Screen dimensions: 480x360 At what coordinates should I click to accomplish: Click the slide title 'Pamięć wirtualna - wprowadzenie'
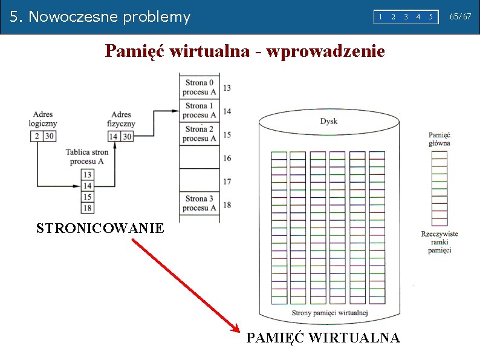pos(244,51)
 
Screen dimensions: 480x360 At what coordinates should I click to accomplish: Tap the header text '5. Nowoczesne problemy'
pos(100,17)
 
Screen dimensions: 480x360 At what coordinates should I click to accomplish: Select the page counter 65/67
pos(460,17)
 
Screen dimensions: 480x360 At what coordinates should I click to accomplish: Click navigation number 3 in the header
pos(406,17)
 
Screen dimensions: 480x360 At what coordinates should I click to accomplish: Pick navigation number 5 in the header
pos(431,17)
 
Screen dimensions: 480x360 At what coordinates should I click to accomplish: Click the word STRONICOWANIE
pos(100,229)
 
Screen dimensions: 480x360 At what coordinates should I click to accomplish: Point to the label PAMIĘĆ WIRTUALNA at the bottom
pos(323,338)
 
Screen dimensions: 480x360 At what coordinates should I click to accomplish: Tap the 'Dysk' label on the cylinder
pos(329,121)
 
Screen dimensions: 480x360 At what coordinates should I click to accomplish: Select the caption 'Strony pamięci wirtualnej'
pos(329,313)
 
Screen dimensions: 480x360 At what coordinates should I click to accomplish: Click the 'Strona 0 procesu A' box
pos(199,88)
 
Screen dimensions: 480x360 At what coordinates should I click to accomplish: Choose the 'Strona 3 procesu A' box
pos(199,203)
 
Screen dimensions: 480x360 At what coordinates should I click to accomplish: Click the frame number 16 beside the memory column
pos(227,158)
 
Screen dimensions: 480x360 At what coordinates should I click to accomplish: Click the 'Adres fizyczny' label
pos(122,119)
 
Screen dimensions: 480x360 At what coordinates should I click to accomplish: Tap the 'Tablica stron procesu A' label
pos(87,157)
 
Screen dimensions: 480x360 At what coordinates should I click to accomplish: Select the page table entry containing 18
pos(88,208)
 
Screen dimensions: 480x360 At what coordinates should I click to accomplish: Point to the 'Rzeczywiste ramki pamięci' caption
pos(439,242)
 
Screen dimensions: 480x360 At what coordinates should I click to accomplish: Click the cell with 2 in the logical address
pos(36,136)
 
